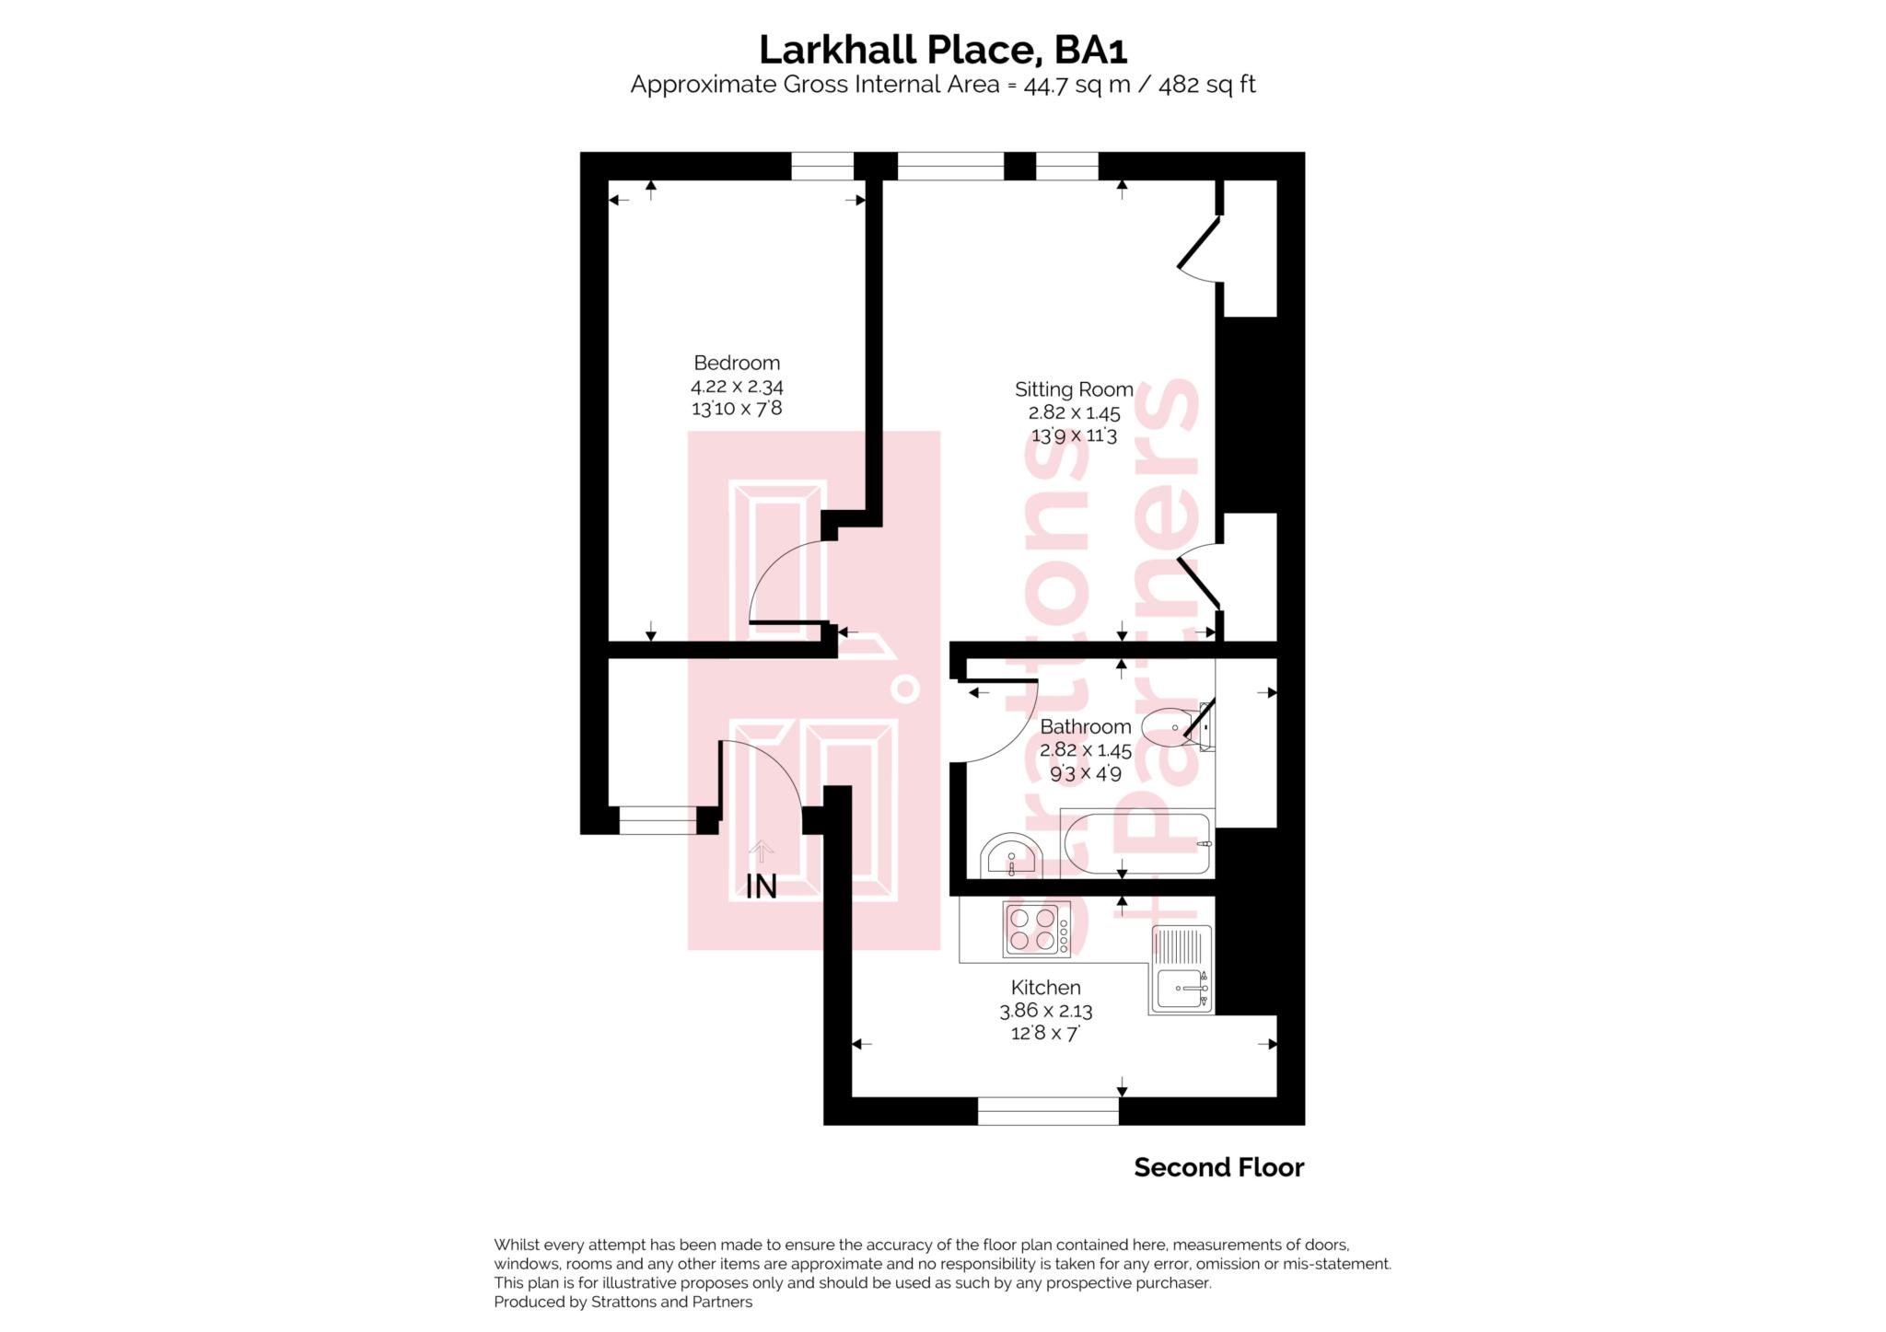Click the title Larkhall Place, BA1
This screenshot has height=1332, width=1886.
coord(942,50)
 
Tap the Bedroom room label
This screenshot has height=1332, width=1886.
coord(736,363)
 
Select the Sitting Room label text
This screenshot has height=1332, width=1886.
coord(1074,389)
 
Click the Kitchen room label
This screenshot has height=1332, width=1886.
coord(1045,988)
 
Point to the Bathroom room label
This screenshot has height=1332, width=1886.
coord(1085,726)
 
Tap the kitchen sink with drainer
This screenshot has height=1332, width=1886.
coord(1180,970)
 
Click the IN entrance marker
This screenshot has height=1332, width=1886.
coord(761,886)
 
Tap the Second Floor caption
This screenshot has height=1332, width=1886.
coord(1218,1167)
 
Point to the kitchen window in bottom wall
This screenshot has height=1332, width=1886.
coord(1047,1110)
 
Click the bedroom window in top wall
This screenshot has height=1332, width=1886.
coord(822,166)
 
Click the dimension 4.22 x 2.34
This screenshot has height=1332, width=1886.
coord(737,387)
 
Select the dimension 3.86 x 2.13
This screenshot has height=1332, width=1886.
coord(1045,1011)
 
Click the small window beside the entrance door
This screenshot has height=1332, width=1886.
coord(658,819)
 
